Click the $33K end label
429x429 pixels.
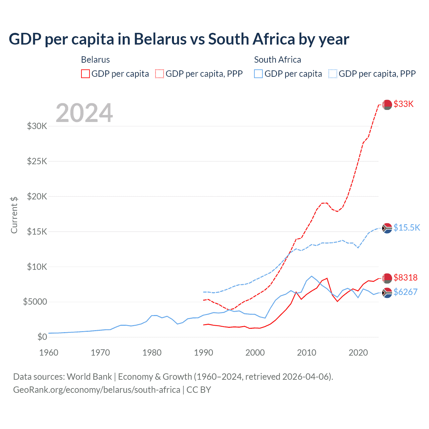pos(404,104)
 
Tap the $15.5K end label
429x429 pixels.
pos(407,228)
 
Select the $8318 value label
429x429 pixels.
pos(406,278)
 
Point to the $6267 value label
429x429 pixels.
pos(406,292)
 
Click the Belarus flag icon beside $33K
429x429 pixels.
pos(387,105)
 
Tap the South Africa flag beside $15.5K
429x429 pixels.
pos(387,228)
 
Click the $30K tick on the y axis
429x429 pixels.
pos(37,126)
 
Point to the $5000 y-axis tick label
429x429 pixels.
pos(35,302)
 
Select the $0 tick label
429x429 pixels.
pos(42,337)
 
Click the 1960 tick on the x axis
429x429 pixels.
pos(49,353)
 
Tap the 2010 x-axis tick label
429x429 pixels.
pos(307,353)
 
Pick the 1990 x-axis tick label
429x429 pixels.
pos(203,353)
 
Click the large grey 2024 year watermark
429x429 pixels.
pos(84,113)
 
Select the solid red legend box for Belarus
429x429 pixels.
pos(85,74)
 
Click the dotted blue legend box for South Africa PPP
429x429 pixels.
pos(333,74)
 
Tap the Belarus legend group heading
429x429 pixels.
pos(96,60)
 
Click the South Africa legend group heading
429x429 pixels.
pos(278,60)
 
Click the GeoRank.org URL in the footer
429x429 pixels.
pos(97,390)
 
